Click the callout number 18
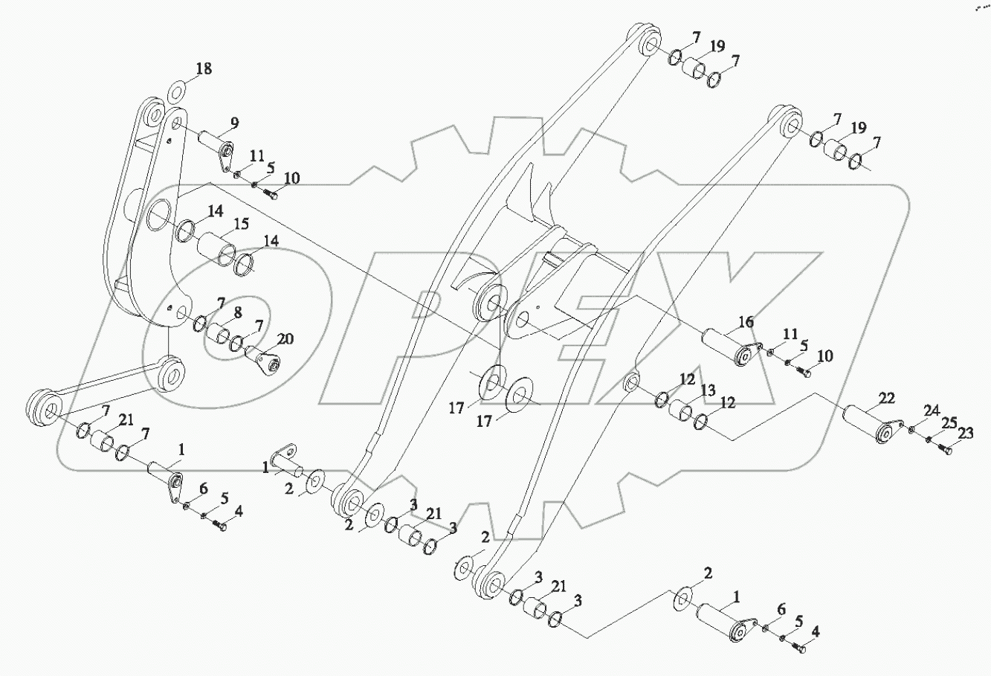204,69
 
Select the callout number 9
233,123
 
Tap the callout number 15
242,224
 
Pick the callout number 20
285,339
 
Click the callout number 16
746,322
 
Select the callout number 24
932,411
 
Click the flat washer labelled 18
177,94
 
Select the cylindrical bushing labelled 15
217,248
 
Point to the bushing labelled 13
681,411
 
